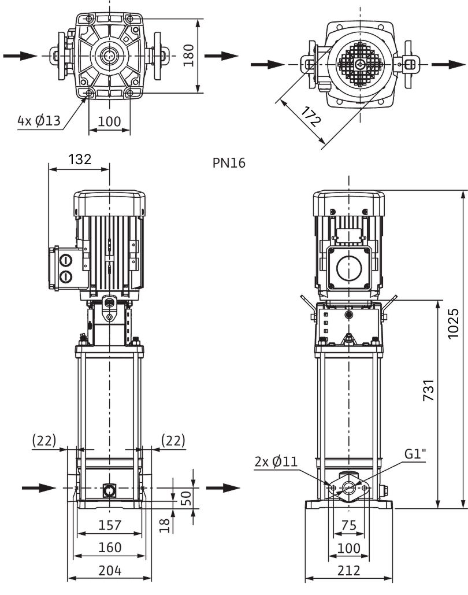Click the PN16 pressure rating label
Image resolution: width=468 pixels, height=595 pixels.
click(229, 163)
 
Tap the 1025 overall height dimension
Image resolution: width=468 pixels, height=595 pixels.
click(453, 323)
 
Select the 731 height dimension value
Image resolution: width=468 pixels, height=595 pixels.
click(429, 390)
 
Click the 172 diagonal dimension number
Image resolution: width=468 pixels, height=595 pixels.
click(311, 116)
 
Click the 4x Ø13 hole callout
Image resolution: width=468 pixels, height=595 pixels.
click(39, 121)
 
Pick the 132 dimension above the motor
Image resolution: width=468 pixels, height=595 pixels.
click(80, 159)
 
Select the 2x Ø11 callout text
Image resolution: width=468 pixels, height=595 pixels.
click(276, 462)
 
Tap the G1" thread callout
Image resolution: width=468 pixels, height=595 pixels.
click(415, 454)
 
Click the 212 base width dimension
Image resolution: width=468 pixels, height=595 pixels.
click(348, 570)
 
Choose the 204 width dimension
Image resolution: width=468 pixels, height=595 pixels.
click(110, 570)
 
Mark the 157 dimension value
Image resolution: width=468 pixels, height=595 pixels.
click(110, 525)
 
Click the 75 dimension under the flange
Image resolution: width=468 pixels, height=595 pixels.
click(348, 525)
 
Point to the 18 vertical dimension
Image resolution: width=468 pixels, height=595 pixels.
click(165, 526)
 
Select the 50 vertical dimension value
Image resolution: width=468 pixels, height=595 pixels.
click(185, 498)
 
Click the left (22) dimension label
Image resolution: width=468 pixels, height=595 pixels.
click(44, 441)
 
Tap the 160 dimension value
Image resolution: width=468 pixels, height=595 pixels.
click(110, 548)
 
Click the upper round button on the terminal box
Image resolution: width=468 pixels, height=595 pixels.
click(66, 260)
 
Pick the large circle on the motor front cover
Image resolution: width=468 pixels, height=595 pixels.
click(349, 268)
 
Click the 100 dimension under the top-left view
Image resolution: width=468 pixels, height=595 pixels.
click(109, 121)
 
